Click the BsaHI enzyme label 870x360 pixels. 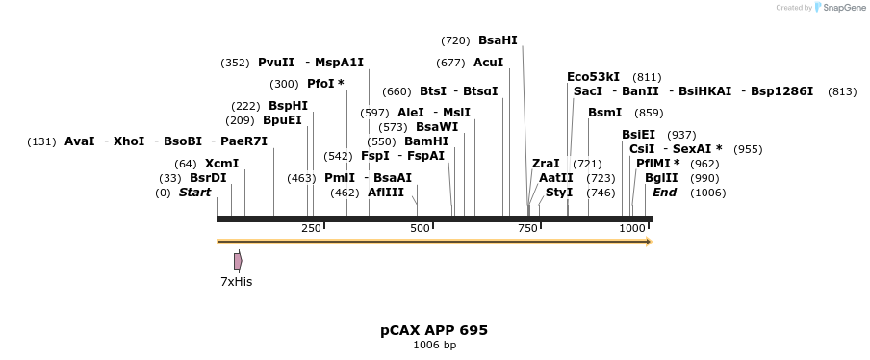point(498,40)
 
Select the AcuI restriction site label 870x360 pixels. point(488,63)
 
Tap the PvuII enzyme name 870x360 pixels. point(276,63)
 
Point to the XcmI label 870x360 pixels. point(221,164)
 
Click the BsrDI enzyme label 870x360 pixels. point(208,178)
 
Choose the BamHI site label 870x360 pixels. point(426,141)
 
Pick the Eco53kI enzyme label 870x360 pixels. point(593,77)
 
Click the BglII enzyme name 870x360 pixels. point(661,178)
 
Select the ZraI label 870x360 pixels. point(546,164)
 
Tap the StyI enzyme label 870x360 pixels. point(559,193)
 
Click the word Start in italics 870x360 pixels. point(194,193)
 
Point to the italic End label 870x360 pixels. point(664,193)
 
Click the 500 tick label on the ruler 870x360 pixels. point(421,228)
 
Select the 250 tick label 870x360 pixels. point(311,228)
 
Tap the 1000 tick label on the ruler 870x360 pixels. point(632,228)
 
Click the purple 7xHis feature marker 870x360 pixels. point(238,261)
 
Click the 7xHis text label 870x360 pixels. point(236,282)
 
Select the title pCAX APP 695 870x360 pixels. point(434,330)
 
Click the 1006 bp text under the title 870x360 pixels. point(434,345)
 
